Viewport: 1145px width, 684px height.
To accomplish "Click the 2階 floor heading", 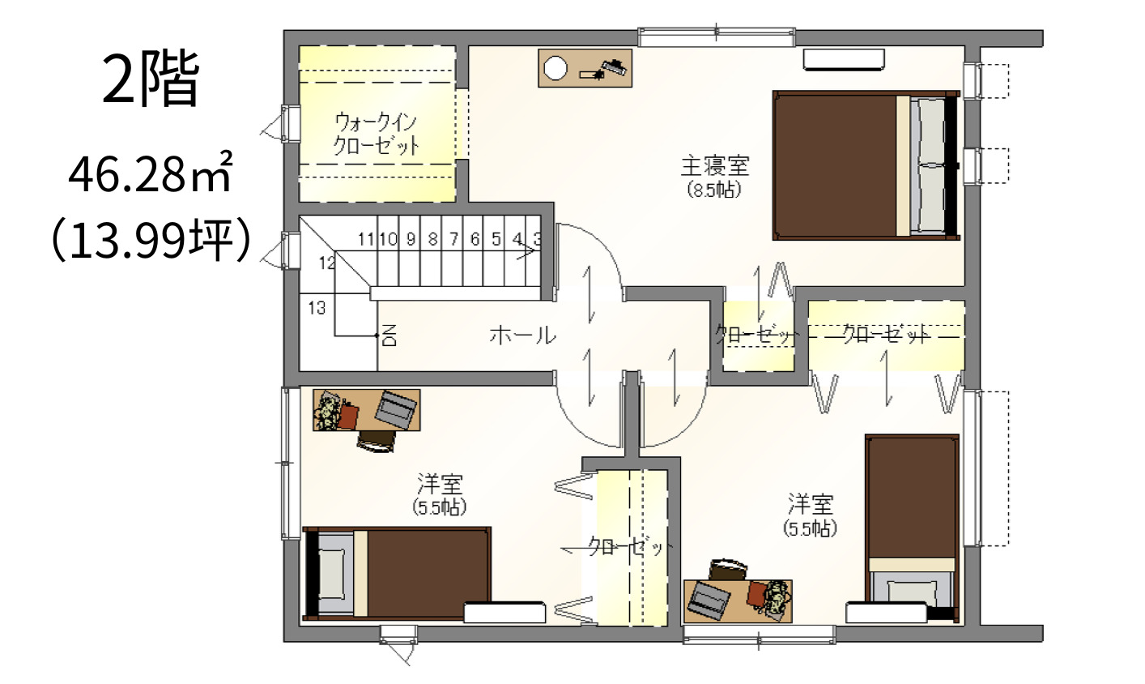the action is (x=151, y=79).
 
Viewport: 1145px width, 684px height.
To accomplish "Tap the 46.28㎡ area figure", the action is (x=151, y=173).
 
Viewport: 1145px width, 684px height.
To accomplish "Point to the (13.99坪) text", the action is (x=151, y=239).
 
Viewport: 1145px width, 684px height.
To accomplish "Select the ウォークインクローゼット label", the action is (x=377, y=134).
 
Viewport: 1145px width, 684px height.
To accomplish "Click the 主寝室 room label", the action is (x=714, y=166).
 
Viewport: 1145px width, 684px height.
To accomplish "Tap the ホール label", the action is (x=522, y=336).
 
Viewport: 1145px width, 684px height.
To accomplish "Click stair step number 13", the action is (x=317, y=308).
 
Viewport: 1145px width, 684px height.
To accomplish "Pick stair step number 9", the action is (x=411, y=239).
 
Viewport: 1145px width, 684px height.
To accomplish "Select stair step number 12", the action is (x=327, y=263).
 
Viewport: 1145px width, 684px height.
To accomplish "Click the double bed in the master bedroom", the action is (x=866, y=165).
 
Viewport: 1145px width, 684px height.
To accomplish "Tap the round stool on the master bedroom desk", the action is (x=555, y=68).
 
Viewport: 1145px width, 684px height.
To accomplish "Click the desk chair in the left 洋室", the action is (x=377, y=441).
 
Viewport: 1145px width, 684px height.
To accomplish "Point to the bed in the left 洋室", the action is (x=397, y=574).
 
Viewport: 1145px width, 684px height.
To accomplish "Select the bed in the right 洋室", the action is (x=912, y=528).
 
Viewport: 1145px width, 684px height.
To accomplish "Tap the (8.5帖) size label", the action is (x=714, y=190).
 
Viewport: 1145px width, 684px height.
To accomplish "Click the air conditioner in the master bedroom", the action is (x=844, y=59).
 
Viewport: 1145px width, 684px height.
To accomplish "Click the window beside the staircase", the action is (x=292, y=250).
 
